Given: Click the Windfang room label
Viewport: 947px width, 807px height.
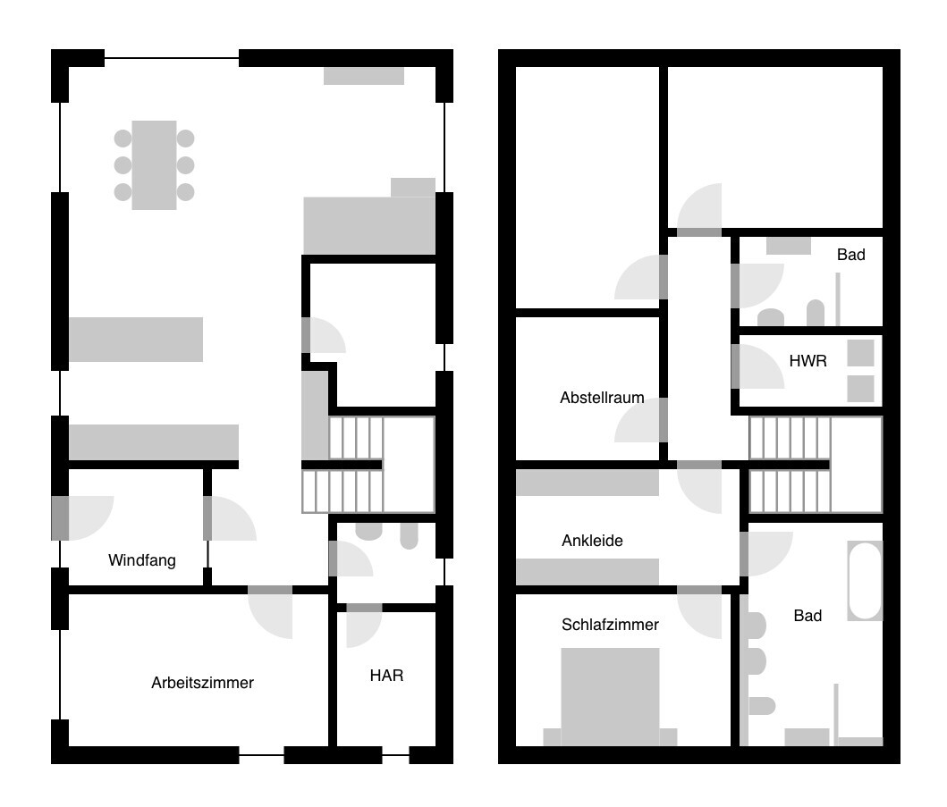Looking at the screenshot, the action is point(142,560).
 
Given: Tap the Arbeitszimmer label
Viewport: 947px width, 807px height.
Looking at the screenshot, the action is point(202,683).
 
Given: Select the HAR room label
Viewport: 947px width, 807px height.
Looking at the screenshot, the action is point(386,676).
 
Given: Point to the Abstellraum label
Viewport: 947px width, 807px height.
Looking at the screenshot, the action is point(602,398).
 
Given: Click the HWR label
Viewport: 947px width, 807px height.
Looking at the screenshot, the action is point(807,361).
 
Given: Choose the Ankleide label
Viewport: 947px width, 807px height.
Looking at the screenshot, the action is point(592,541).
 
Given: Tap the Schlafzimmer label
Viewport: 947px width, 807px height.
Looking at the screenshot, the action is point(610,625).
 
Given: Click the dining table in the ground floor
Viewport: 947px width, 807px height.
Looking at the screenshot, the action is point(154,164).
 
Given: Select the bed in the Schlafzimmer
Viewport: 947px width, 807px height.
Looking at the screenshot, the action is point(610,697).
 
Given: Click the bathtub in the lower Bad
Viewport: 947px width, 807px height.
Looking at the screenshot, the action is point(865,581).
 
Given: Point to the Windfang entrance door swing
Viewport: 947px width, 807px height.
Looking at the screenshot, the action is point(90,517).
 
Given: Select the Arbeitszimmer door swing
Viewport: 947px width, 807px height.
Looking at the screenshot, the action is point(270,617).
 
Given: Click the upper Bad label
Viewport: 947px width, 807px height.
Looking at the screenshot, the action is point(851,255).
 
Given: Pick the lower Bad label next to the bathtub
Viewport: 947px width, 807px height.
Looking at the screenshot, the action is point(807,616).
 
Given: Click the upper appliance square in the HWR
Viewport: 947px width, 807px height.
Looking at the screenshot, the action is point(860,353).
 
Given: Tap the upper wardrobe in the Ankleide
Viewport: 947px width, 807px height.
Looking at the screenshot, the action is point(587,483).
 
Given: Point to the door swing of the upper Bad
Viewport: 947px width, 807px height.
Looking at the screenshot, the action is point(761,285).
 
